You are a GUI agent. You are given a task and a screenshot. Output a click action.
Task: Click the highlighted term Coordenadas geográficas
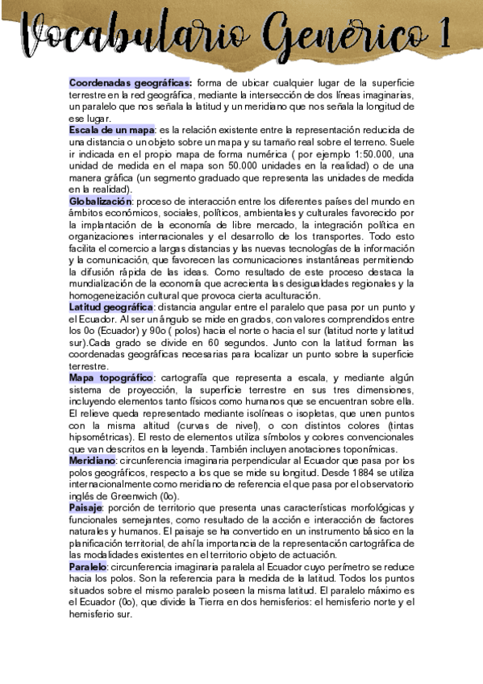coord(130,82)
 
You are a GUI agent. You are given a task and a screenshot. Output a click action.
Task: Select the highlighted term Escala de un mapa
coord(111,130)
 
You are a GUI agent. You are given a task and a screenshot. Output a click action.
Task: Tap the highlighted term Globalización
coord(100,200)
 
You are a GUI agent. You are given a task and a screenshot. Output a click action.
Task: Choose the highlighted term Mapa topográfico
coord(111,377)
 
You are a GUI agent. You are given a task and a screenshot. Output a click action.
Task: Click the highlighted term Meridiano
coord(93,460)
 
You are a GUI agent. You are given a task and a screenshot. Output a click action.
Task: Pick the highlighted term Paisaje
coord(86,507)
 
